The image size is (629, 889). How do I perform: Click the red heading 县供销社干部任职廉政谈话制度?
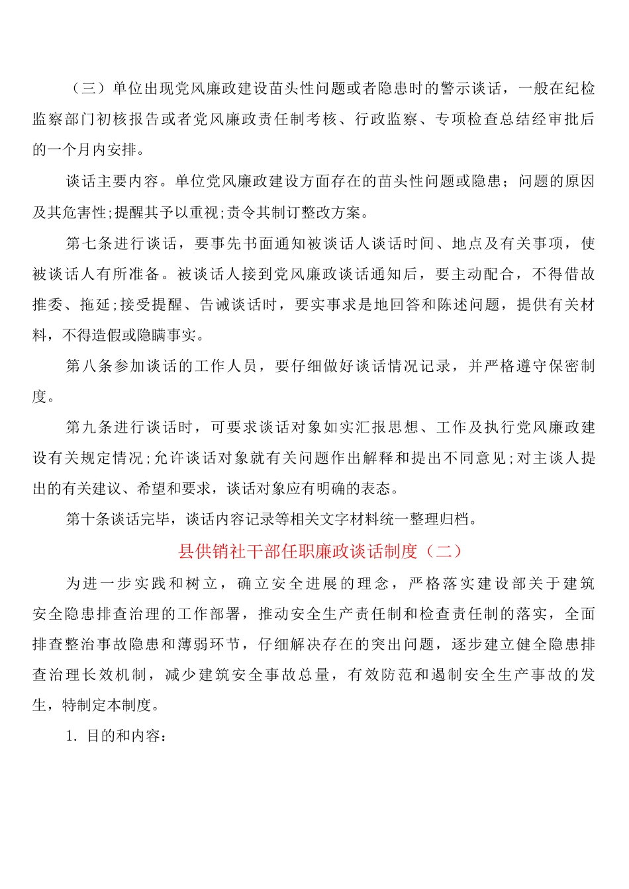[x=298, y=551]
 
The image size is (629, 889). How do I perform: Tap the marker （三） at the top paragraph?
[x=89, y=89]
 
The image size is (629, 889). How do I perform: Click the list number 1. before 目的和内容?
[x=72, y=736]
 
